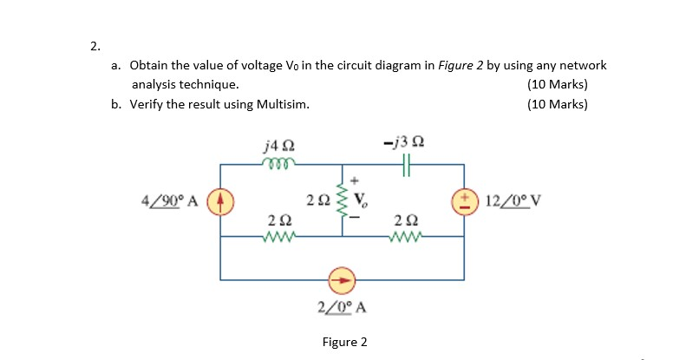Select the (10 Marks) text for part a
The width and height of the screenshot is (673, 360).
[557, 85]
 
